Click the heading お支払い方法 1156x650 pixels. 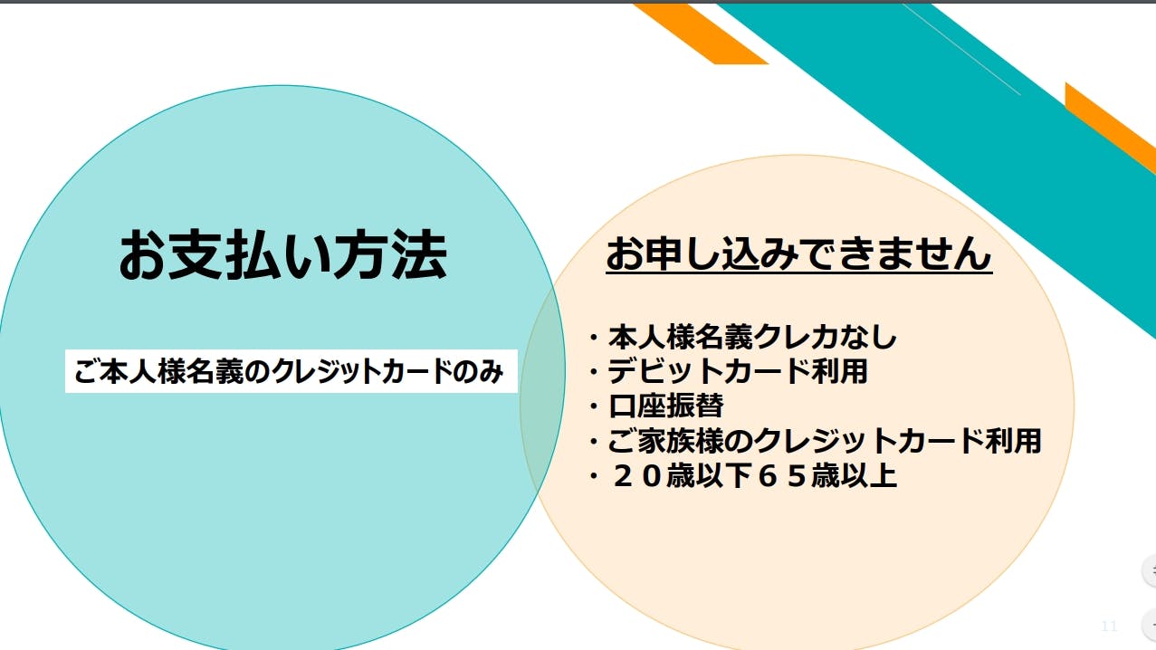point(282,254)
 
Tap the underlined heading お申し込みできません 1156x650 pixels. point(798,254)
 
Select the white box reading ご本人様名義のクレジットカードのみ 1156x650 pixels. point(291,371)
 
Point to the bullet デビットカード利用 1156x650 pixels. point(728,371)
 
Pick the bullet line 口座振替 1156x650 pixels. point(656,406)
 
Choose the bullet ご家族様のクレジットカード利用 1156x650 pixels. point(815,440)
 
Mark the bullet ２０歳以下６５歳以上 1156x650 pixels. point(743,475)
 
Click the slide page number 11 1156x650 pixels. point(1109,626)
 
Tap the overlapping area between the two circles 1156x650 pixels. point(543,397)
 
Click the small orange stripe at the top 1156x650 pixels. point(701,33)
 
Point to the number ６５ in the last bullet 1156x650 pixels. point(781,475)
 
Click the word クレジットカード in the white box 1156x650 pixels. point(362,371)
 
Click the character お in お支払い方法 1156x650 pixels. point(143,255)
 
